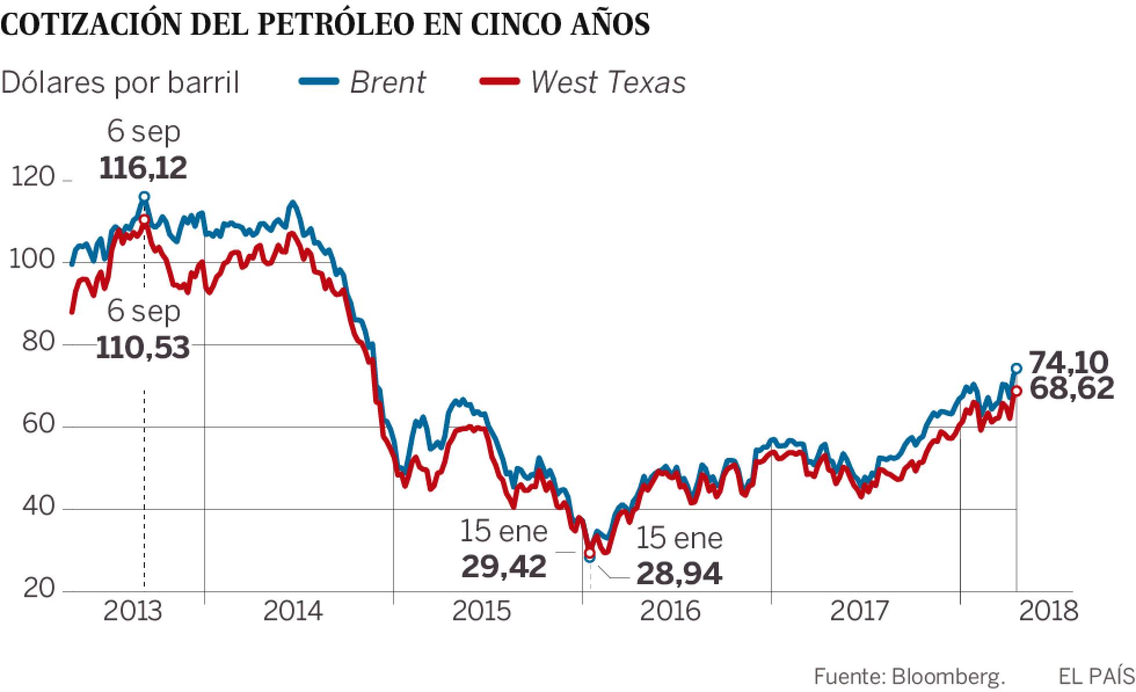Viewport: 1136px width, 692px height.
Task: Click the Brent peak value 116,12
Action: click(x=143, y=168)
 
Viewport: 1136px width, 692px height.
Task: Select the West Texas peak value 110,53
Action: click(x=143, y=348)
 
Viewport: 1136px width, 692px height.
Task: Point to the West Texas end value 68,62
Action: click(x=1072, y=388)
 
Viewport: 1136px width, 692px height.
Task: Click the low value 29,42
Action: click(x=504, y=566)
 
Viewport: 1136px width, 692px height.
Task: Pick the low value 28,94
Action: click(x=679, y=573)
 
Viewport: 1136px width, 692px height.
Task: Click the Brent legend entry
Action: click(x=363, y=82)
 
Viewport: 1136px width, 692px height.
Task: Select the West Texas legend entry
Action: click(x=583, y=82)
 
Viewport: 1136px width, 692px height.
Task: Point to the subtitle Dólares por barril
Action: click(x=120, y=83)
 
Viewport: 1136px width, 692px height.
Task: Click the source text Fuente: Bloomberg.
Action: click(x=909, y=676)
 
